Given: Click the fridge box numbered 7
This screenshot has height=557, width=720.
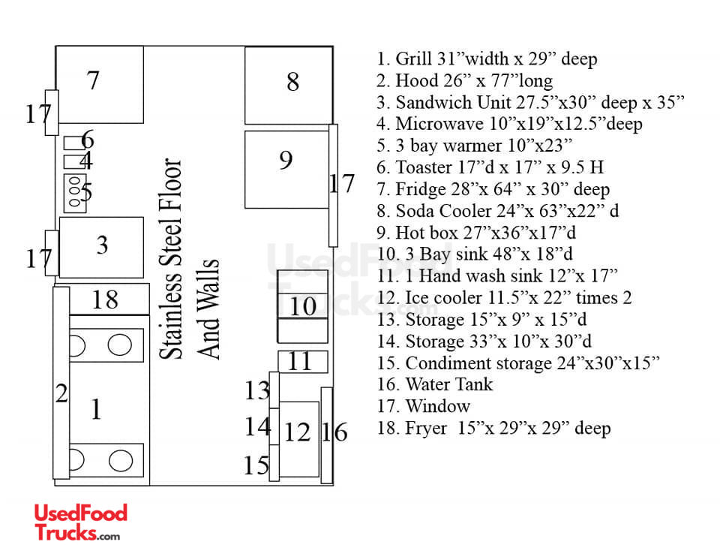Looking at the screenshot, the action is pyautogui.click(x=100, y=85).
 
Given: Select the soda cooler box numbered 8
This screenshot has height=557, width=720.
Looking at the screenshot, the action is pyautogui.click(x=289, y=86).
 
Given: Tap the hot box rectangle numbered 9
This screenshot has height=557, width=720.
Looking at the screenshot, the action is pyautogui.click(x=287, y=170).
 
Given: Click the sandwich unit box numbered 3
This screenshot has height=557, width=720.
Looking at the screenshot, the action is pyautogui.click(x=101, y=247).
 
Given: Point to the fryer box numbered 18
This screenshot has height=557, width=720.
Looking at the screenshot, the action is pyautogui.click(x=109, y=300).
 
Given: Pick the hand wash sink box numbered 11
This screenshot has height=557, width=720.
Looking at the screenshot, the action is pyautogui.click(x=303, y=362).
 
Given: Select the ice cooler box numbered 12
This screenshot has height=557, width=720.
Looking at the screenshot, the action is pyautogui.click(x=299, y=439).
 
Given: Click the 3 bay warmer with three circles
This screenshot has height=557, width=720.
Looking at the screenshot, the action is pyautogui.click(x=75, y=194).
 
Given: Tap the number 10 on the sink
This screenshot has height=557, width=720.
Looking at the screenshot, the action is pyautogui.click(x=302, y=306).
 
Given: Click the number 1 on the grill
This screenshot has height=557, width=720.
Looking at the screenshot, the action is pyautogui.click(x=96, y=408).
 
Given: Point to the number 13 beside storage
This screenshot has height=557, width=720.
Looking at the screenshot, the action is pyautogui.click(x=257, y=390).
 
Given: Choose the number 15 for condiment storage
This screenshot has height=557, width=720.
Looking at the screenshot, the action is pyautogui.click(x=256, y=465).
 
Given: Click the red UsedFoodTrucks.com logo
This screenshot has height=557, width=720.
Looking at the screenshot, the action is pyautogui.click(x=80, y=522).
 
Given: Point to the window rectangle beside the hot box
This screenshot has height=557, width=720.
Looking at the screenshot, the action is pyautogui.click(x=333, y=185).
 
